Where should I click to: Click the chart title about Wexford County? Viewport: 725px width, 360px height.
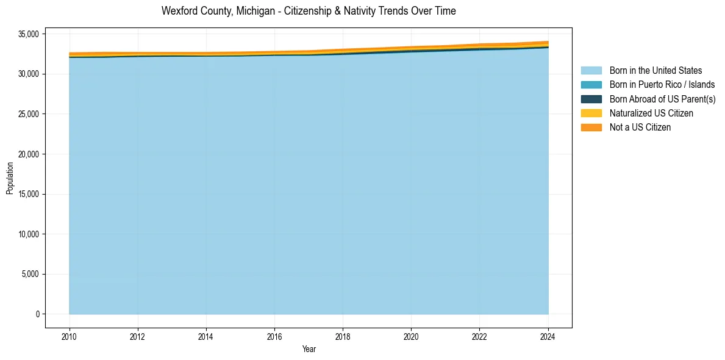tap(309, 11)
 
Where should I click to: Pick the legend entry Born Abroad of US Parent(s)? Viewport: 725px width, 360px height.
tap(662, 99)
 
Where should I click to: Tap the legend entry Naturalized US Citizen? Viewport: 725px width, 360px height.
tap(651, 113)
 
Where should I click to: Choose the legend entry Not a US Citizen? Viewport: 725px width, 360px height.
tap(640, 128)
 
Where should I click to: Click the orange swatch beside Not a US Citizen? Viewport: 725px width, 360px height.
tap(591, 128)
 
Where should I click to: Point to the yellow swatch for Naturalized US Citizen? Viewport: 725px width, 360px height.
tap(591, 113)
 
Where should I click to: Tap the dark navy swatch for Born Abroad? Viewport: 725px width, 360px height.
tap(591, 99)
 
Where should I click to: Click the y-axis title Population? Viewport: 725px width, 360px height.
tap(10, 178)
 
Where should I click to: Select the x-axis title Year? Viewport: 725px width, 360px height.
tap(309, 349)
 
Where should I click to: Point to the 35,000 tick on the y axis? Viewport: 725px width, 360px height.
tap(29, 34)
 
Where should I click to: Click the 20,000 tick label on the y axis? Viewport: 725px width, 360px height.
tap(29, 154)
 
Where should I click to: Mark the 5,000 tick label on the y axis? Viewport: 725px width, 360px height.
tap(30, 274)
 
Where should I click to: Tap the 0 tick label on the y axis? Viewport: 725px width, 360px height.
tap(37, 314)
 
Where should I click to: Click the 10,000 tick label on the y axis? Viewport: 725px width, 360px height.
tap(29, 234)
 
